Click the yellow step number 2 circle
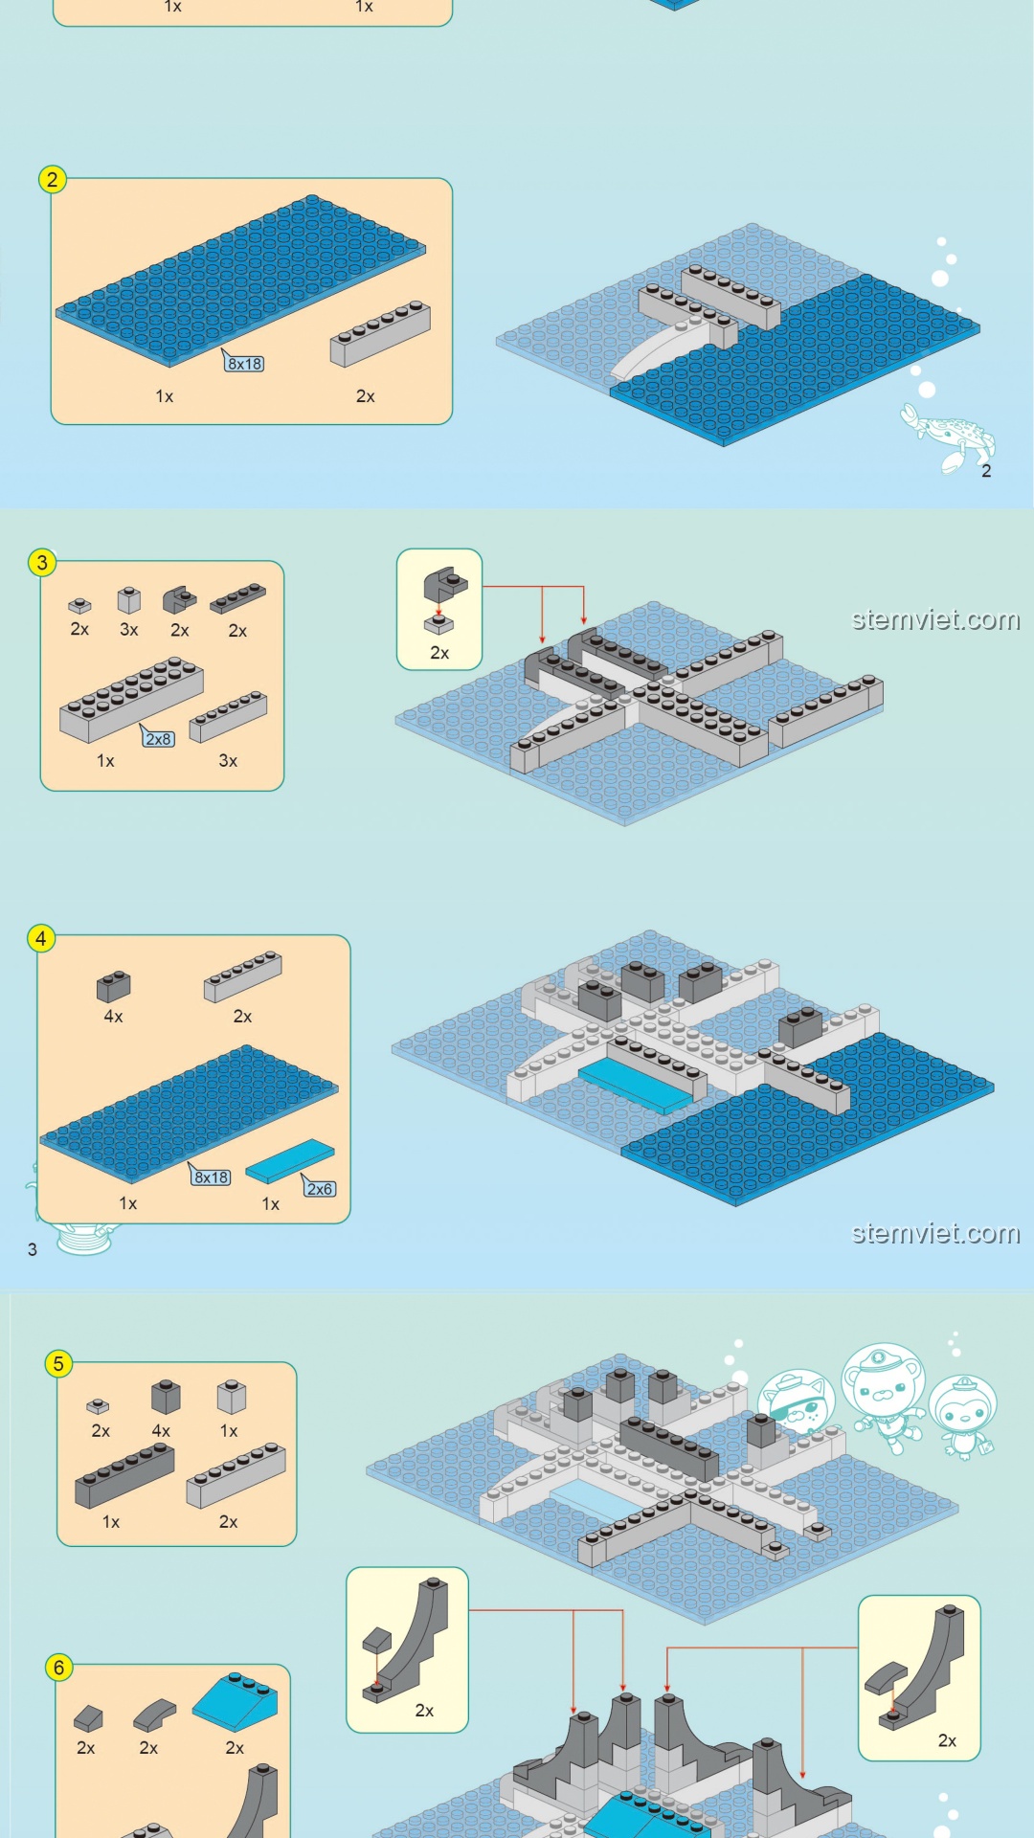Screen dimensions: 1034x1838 pyautogui.click(x=53, y=179)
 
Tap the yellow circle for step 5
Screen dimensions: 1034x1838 pyautogui.click(x=58, y=1363)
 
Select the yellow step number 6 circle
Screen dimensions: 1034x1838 pyautogui.click(x=58, y=1667)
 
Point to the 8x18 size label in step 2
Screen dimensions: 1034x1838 pyautogui.click(x=244, y=363)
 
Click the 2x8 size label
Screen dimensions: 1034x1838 pyautogui.click(x=159, y=738)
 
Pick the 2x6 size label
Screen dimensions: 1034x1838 pyautogui.click(x=320, y=1188)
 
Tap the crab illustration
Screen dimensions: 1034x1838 pyautogui.click(x=947, y=437)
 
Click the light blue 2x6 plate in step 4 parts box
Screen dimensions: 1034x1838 pyautogui.click(x=290, y=1160)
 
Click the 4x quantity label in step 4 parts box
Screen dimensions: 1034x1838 pyautogui.click(x=113, y=1016)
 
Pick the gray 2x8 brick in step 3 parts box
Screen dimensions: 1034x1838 pyautogui.click(x=131, y=699)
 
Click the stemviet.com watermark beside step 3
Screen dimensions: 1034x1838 pyautogui.click(x=935, y=619)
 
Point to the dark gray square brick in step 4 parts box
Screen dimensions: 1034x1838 pyautogui.click(x=114, y=986)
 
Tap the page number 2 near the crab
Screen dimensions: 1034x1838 pyautogui.click(x=986, y=470)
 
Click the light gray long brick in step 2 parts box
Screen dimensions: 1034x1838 pyautogui.click(x=380, y=333)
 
